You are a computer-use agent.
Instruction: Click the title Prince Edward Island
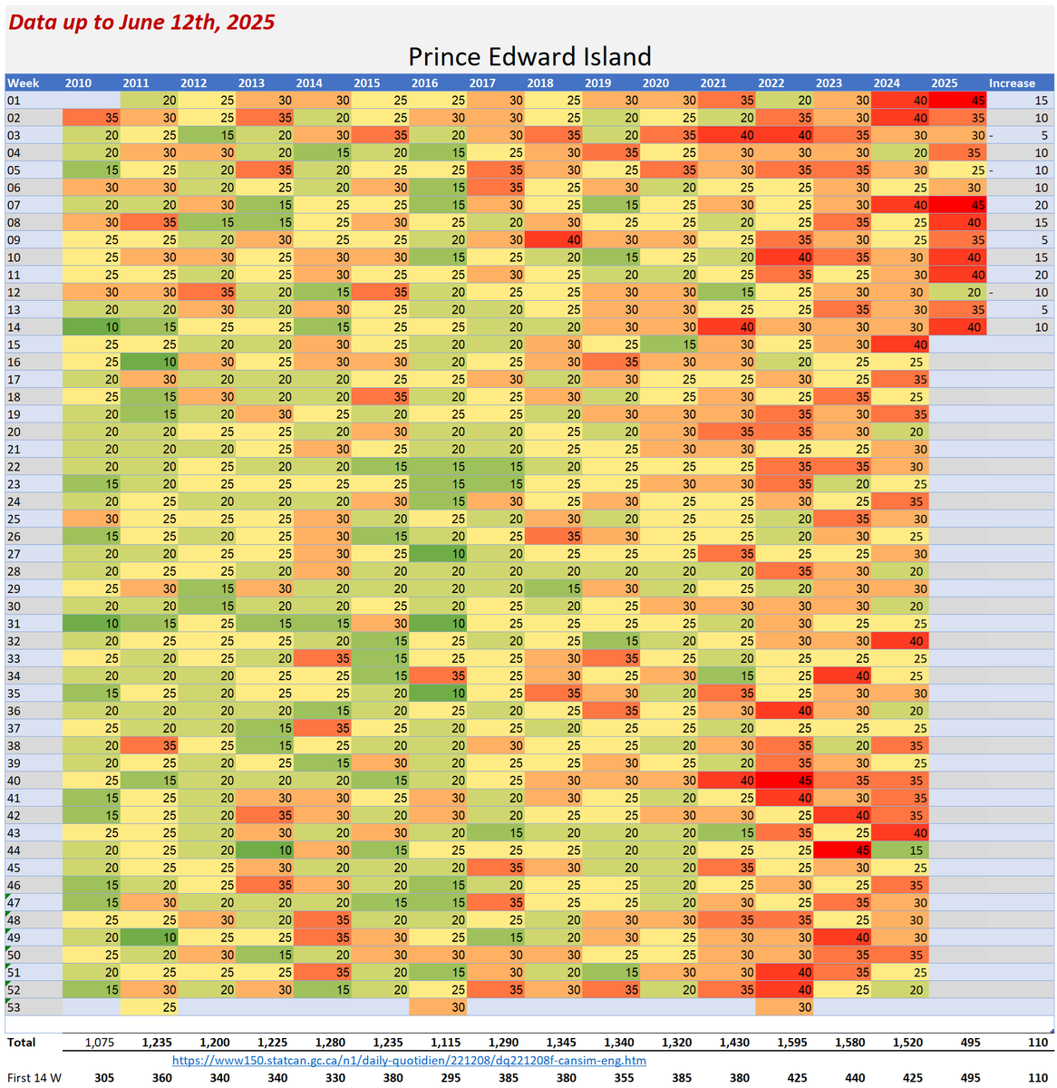tap(529, 56)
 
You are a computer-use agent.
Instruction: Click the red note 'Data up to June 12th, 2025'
tap(142, 22)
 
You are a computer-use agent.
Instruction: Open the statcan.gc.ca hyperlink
tap(409, 1060)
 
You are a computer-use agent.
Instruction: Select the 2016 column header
tap(424, 83)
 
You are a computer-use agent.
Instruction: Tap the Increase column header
tap(1012, 83)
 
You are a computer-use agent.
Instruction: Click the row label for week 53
tap(14, 1006)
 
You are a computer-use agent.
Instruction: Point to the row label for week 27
tap(14, 554)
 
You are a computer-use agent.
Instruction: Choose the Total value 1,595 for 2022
tap(791, 1043)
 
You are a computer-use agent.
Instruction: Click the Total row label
tap(22, 1043)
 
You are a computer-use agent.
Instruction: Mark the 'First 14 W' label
tap(34, 1078)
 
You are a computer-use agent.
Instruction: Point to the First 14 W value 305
tap(104, 1078)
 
